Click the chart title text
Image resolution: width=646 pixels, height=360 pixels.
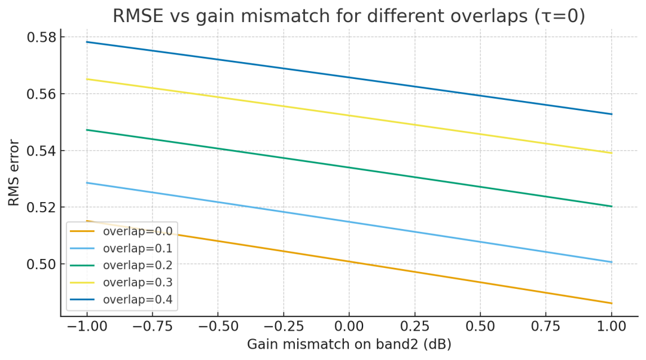[x=349, y=16]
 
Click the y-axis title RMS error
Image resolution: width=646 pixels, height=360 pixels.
[x=14, y=173]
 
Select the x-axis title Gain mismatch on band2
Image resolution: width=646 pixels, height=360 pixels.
[x=349, y=344]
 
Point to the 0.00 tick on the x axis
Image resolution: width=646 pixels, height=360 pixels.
[x=349, y=327]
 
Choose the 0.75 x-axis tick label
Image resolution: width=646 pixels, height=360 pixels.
[x=546, y=327]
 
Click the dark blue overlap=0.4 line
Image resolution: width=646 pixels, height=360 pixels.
[x=349, y=77]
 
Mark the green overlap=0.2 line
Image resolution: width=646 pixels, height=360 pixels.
[x=349, y=167]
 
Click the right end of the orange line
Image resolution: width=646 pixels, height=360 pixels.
[x=611, y=303]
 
